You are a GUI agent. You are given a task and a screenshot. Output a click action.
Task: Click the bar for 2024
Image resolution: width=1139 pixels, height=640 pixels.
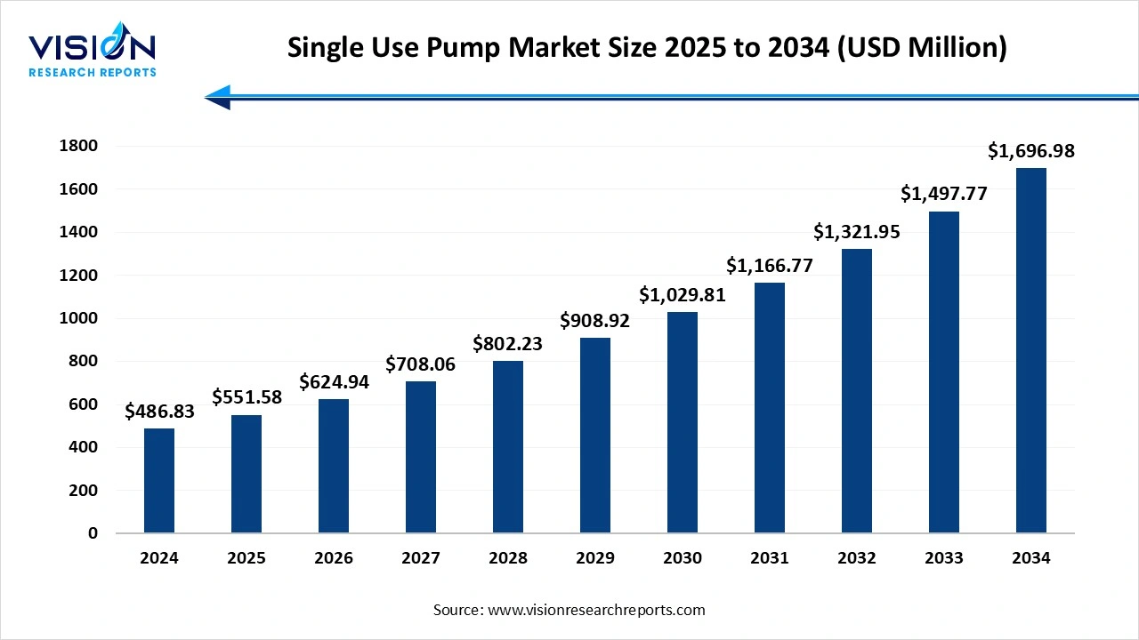(159, 481)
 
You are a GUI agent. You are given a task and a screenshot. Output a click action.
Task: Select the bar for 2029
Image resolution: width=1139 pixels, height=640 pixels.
(595, 436)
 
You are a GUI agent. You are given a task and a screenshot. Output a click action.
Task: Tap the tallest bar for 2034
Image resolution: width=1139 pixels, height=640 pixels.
(1031, 350)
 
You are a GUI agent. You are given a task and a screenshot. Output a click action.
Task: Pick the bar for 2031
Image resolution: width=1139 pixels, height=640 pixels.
(770, 408)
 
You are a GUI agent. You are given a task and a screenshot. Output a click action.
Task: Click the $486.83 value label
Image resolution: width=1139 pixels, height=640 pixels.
(159, 412)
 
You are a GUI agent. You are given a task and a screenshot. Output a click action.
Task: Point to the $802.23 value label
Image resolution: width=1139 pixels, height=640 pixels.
(508, 343)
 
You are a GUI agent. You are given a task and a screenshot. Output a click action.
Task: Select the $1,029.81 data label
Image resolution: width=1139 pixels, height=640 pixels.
(683, 295)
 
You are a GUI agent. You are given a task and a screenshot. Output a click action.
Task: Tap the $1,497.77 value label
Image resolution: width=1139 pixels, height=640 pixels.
(944, 194)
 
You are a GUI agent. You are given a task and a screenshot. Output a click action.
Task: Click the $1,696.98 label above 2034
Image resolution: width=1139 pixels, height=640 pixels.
(1031, 151)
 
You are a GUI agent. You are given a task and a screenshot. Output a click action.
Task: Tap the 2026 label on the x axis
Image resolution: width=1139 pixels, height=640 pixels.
(334, 558)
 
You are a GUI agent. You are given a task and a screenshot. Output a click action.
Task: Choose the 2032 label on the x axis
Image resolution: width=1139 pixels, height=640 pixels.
(857, 558)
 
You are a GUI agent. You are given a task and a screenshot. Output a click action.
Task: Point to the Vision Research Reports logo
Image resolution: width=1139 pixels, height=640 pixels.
(93, 53)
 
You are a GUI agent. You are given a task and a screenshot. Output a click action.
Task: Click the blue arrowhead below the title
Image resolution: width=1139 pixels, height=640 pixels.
(218, 97)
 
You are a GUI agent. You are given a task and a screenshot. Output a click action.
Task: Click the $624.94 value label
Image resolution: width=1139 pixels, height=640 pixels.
(334, 382)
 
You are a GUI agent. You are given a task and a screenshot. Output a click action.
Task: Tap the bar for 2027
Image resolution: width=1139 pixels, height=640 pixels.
(421, 457)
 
